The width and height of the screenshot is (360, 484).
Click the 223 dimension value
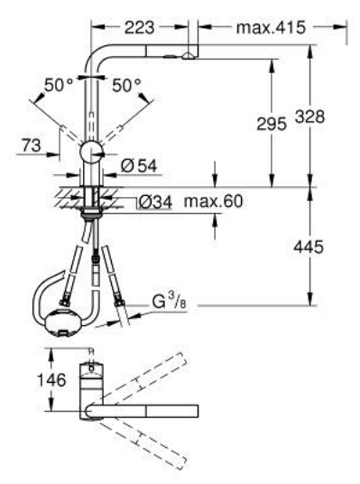[x=139, y=28]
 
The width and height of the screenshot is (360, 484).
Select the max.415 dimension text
[x=271, y=28]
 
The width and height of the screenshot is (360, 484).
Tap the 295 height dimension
[x=272, y=124]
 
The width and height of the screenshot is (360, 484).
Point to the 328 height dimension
[x=309, y=116]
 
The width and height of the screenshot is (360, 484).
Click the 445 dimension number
[x=309, y=247]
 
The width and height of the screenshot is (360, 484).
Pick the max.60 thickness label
[x=214, y=201]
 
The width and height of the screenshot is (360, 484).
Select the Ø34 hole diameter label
[x=155, y=202]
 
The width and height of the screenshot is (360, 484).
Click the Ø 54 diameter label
[x=139, y=166]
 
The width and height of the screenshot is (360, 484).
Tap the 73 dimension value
[x=32, y=145]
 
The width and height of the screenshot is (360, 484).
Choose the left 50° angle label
[x=59, y=85]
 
